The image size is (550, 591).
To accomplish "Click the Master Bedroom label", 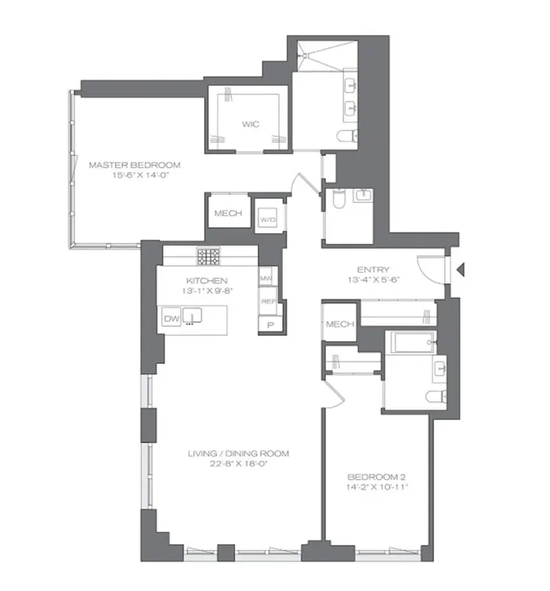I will [134, 165].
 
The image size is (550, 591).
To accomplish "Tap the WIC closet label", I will [250, 124].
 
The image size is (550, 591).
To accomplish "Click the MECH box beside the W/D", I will [228, 214].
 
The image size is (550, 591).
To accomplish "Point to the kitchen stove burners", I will [208, 257].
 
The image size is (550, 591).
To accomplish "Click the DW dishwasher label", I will [171, 318].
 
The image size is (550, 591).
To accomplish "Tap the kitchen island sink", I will [194, 317].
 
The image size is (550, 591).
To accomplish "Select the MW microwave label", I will [265, 278].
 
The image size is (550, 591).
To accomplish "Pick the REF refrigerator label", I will [266, 301].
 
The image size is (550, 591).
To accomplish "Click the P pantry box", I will [270, 325].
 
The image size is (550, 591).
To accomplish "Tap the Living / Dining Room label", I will [238, 453].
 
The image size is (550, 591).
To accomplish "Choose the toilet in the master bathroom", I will [346, 138].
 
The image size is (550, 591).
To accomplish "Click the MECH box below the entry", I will [339, 325].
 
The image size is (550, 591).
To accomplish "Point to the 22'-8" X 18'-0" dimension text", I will [238, 464].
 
